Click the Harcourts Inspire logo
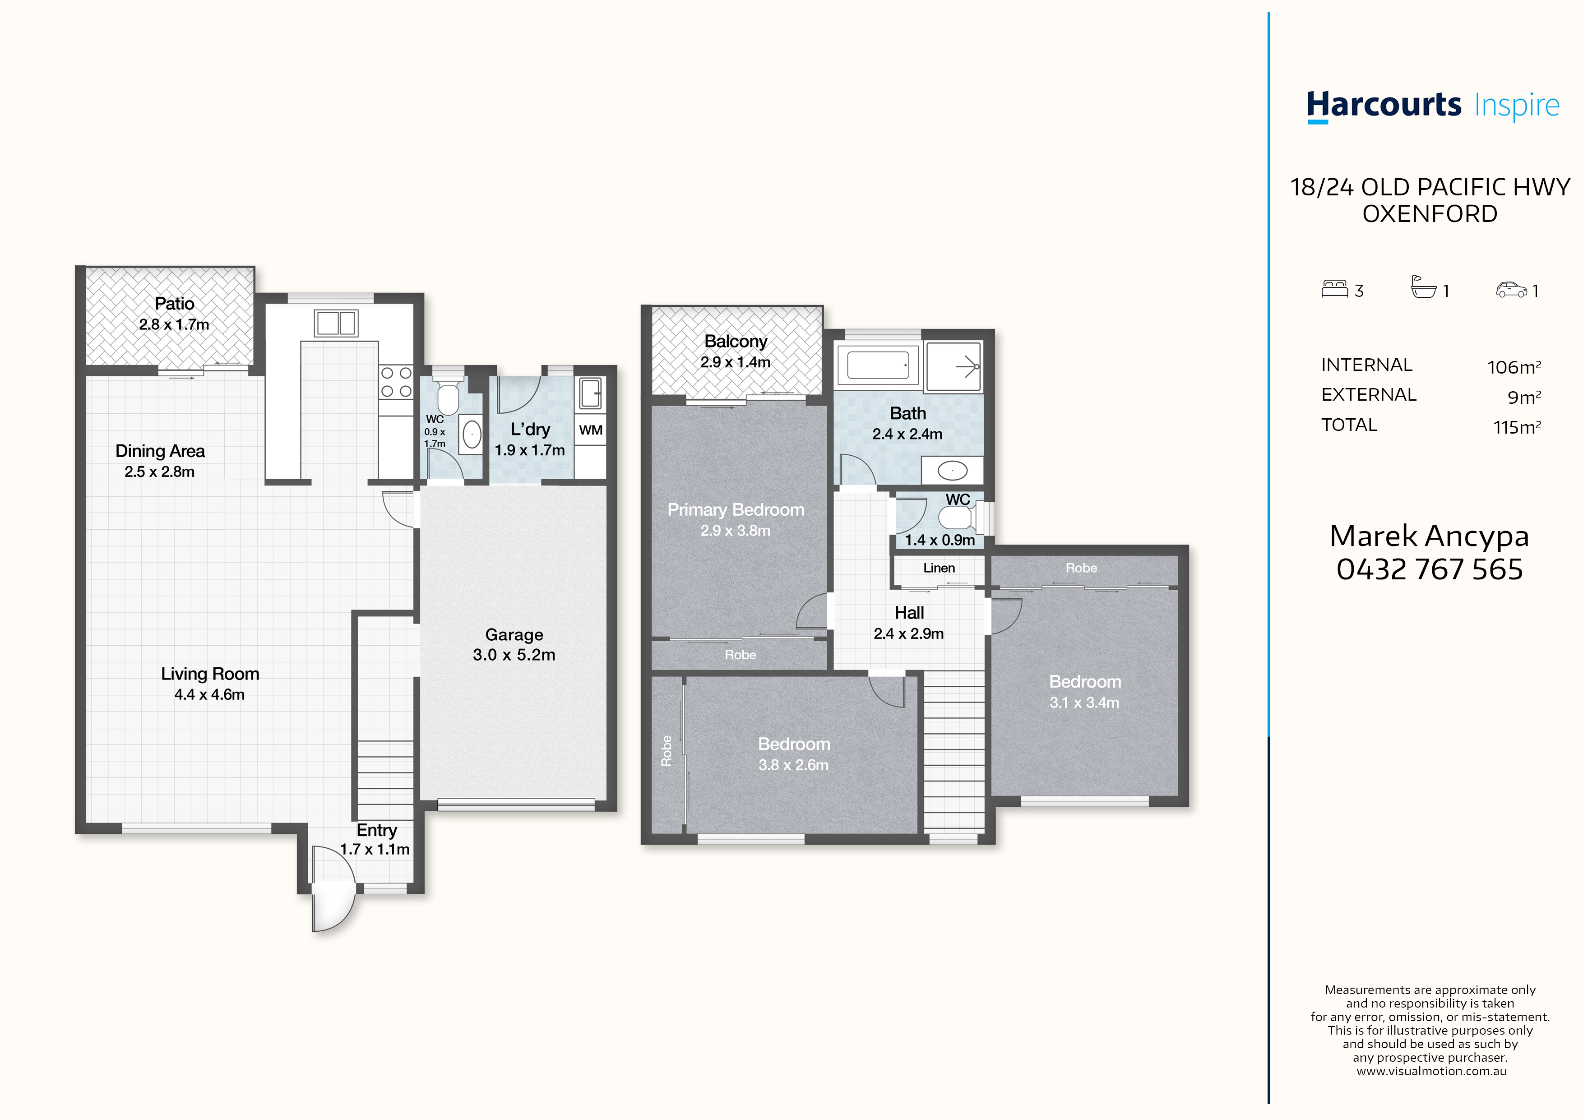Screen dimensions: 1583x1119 1433,107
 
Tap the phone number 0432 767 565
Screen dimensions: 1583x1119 1429,569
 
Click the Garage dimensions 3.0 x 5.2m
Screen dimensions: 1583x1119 514,655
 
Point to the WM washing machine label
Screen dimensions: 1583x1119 591,430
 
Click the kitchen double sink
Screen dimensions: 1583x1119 336,322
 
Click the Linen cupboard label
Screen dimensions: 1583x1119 939,568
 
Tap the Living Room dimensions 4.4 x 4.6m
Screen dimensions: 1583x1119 209,694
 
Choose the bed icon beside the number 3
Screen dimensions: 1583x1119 1335,289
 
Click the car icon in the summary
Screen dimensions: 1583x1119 1511,290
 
